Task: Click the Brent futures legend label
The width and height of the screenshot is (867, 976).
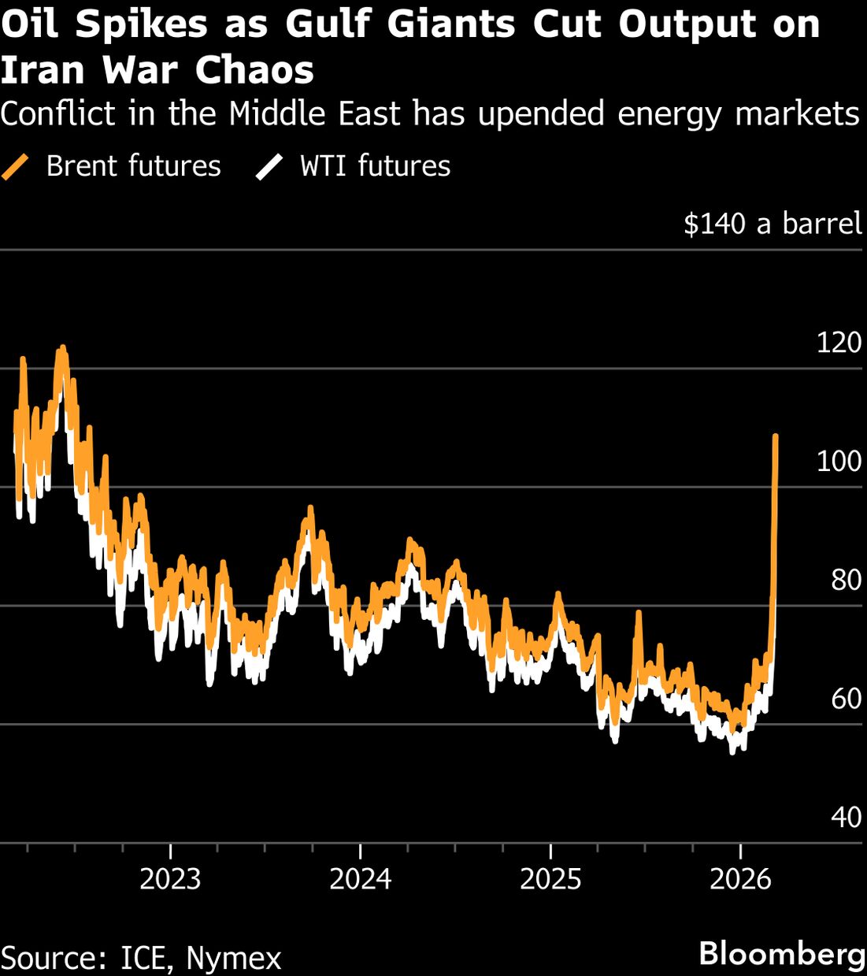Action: click(133, 166)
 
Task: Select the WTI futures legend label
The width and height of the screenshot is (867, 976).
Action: click(375, 166)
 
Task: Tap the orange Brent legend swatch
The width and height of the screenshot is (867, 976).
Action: click(14, 167)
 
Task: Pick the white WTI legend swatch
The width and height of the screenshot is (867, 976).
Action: click(269, 167)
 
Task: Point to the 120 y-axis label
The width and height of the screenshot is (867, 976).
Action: click(839, 343)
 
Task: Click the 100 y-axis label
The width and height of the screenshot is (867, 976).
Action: click(839, 461)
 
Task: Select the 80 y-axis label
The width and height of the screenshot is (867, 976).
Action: click(846, 580)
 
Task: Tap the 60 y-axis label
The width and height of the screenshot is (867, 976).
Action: click(846, 699)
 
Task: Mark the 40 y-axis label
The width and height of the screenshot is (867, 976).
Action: click(846, 818)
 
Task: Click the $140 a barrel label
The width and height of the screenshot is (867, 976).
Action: click(773, 224)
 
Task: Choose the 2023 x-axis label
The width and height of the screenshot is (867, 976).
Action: click(170, 878)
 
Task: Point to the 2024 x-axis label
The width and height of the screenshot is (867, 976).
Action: click(360, 878)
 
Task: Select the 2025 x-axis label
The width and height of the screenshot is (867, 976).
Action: click(550, 878)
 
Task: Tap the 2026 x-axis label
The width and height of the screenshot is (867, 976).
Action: click(740, 878)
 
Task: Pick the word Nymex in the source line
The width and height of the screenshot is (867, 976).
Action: click(233, 959)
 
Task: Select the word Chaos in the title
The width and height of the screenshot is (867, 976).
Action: click(254, 70)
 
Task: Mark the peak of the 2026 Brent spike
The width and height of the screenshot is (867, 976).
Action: click(776, 436)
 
